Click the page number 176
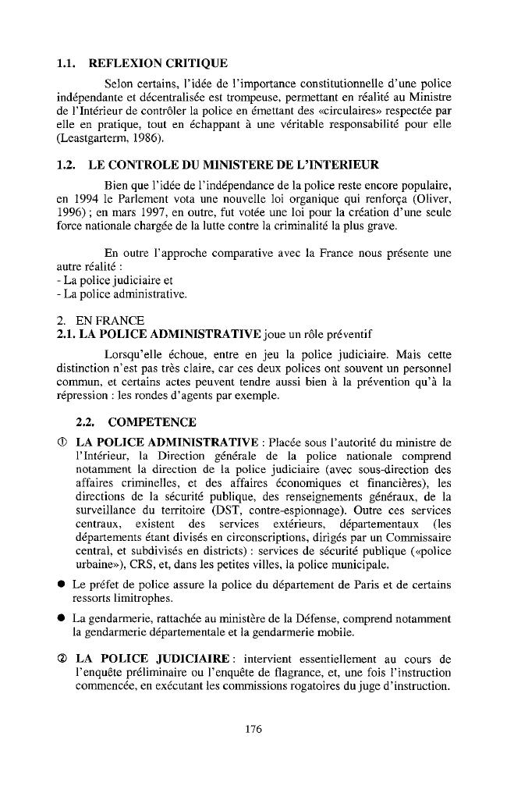tap(253, 729)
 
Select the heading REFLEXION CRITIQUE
tap(159, 62)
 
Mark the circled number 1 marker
tap(62, 443)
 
